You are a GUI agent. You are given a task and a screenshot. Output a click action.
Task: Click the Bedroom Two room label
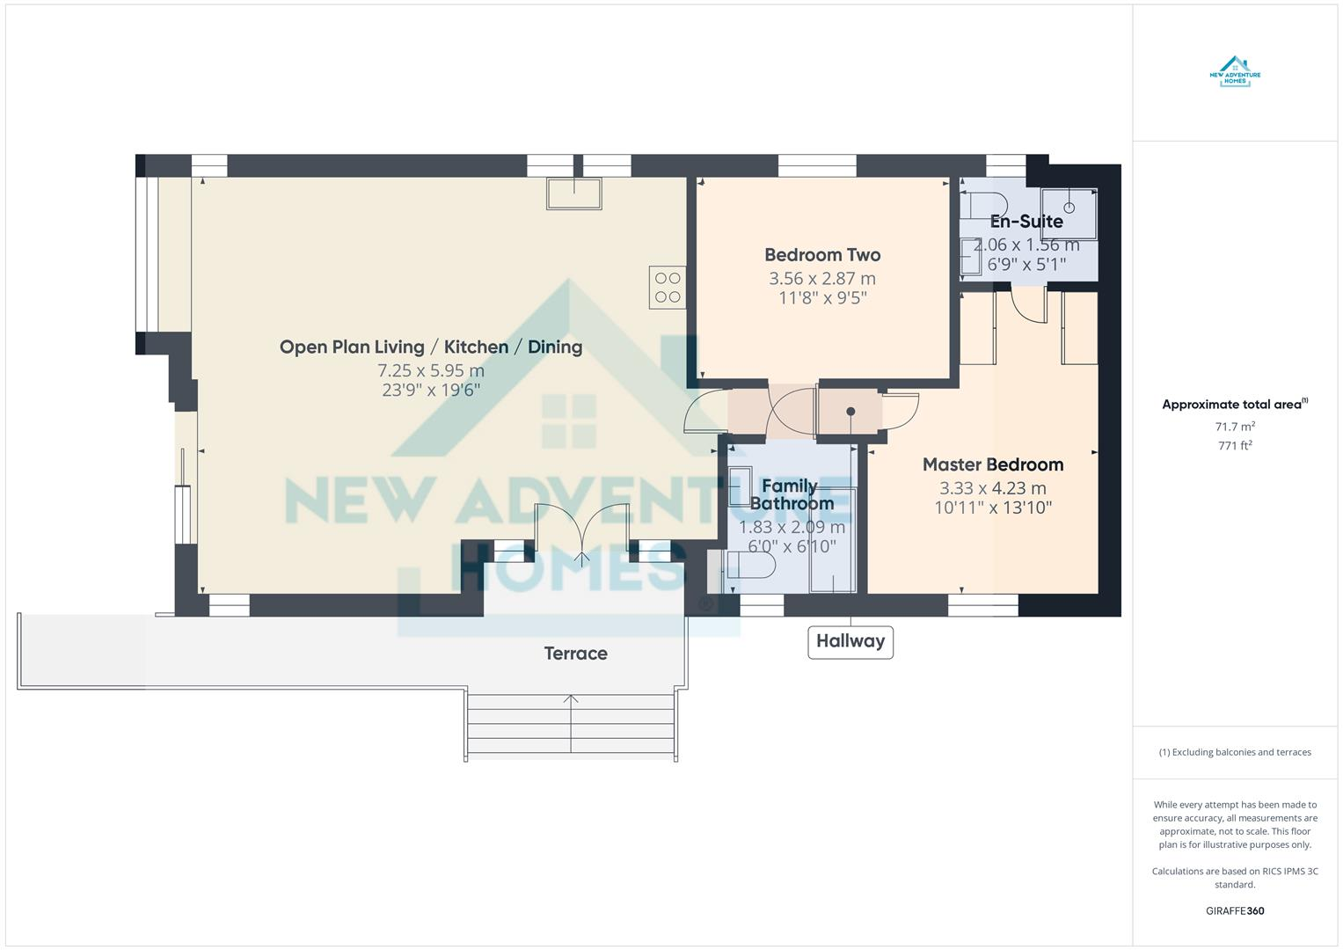821,255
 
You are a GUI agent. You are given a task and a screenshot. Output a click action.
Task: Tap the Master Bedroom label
992,464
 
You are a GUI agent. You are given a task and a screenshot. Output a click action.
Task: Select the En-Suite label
1026,222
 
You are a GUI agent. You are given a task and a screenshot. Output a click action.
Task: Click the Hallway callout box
850,641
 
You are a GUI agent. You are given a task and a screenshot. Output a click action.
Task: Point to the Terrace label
575,654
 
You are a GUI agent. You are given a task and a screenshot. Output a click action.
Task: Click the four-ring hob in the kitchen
668,288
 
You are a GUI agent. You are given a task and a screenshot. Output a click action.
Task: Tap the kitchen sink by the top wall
574,194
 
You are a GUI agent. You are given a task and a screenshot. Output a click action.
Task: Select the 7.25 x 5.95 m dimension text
431,370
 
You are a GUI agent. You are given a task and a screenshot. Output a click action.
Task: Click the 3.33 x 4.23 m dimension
992,488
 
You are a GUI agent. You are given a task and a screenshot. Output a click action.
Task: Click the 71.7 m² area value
1235,427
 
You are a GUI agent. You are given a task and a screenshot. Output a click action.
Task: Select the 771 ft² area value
1235,446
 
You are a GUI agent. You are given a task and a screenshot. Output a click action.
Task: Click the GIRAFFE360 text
1235,911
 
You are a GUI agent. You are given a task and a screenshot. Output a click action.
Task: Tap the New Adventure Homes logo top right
1235,71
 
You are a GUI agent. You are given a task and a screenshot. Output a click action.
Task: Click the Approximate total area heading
1234,405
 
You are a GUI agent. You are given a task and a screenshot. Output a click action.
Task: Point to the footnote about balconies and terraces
1235,752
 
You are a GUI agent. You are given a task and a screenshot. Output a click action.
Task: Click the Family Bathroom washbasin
739,485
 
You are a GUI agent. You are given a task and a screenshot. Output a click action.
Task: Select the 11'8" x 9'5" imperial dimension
821,297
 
